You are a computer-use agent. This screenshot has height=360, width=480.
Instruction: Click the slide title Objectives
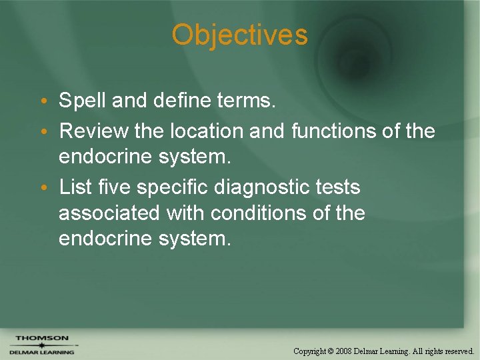click(239, 35)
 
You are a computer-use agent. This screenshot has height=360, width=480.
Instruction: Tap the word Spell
click(83, 101)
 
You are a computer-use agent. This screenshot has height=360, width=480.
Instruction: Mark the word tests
click(338, 187)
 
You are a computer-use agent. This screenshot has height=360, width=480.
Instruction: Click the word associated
click(109, 213)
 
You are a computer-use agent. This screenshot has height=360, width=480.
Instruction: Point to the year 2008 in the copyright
click(344, 351)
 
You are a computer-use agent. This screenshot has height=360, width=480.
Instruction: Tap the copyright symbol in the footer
click(331, 351)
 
